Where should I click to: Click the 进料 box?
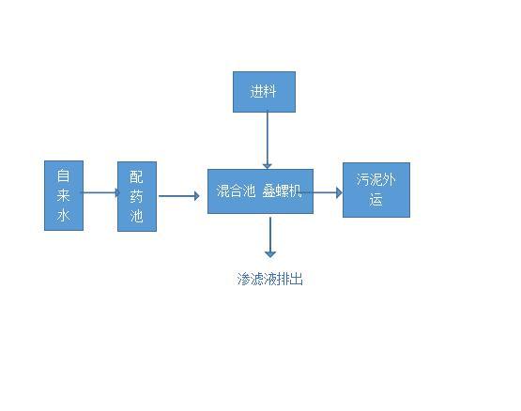(x=264, y=92)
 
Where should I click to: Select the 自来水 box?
(x=64, y=195)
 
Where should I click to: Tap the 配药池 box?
(x=137, y=196)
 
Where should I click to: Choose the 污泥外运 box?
(x=376, y=190)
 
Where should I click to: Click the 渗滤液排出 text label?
(x=270, y=279)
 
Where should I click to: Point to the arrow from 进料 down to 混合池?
(x=268, y=140)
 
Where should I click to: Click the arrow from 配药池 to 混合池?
(x=178, y=196)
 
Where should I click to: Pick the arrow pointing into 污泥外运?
(x=321, y=192)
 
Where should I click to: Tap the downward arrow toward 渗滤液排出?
(x=270, y=237)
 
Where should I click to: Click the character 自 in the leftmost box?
(x=63, y=175)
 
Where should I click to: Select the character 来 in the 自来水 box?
(x=63, y=195)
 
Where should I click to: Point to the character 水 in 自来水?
(x=63, y=215)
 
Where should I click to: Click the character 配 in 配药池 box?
(x=136, y=176)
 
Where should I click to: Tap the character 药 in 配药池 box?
(x=136, y=196)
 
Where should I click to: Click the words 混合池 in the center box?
(x=236, y=191)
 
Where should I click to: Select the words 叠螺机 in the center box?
(x=282, y=191)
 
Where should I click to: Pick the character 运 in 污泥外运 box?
(x=375, y=200)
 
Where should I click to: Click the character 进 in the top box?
(x=256, y=91)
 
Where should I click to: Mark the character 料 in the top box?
(x=269, y=91)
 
